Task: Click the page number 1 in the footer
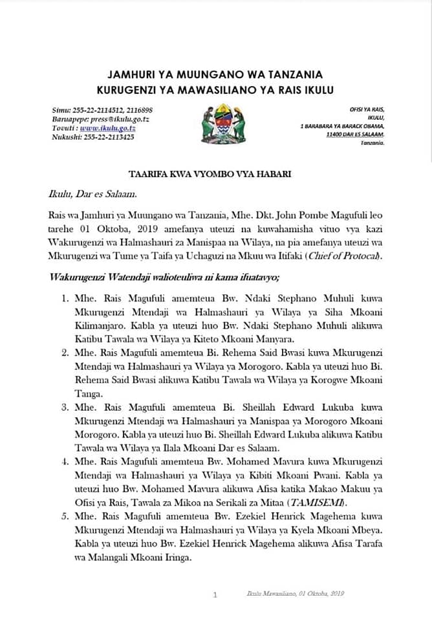click(x=215, y=594)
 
